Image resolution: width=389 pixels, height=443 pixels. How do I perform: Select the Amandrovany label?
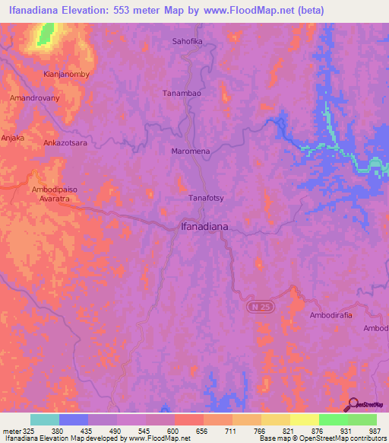[x=33, y=98]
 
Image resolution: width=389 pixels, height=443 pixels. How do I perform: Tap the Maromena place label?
[x=189, y=151]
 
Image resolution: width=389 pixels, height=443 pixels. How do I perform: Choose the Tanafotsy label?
[x=205, y=198]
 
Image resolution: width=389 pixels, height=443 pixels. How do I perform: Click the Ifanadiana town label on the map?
[x=204, y=226]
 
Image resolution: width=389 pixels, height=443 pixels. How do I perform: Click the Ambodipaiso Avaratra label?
[x=55, y=195]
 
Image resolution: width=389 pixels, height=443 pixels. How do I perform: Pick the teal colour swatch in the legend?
[x=45, y=419]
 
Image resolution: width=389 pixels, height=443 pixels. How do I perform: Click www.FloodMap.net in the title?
[x=251, y=11]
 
